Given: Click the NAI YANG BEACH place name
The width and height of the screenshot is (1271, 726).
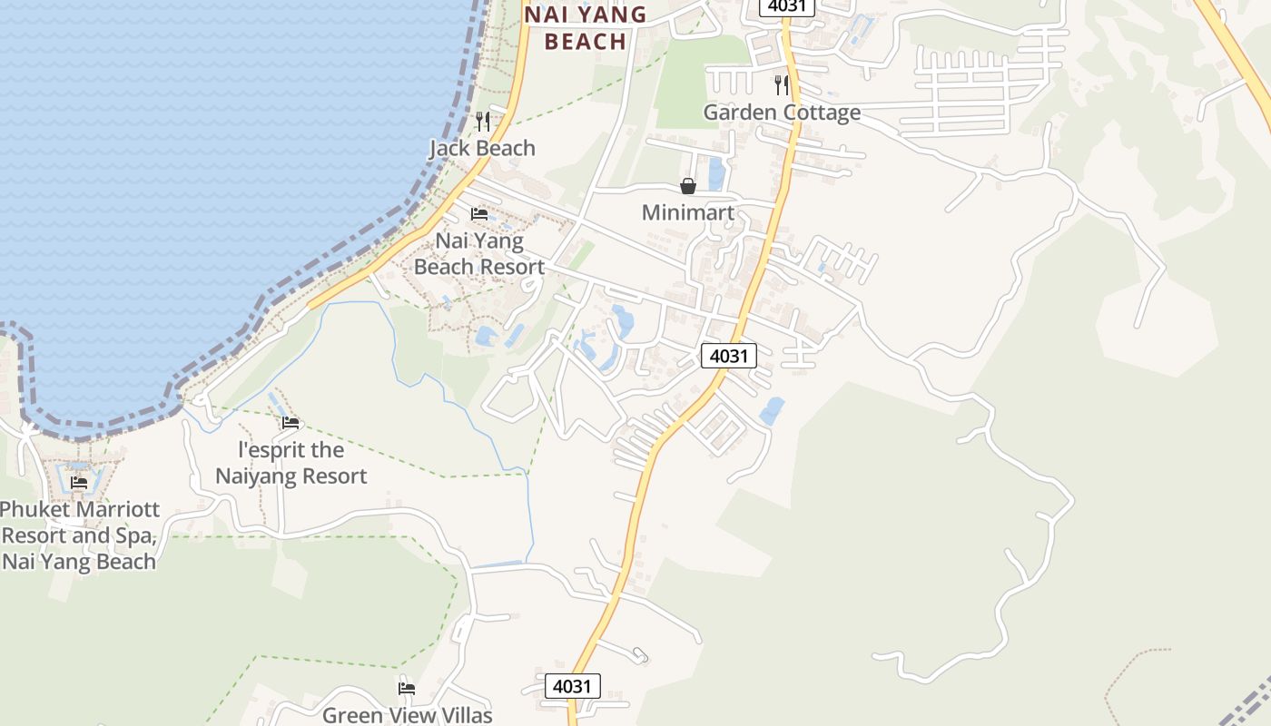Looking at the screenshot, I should coord(586,27).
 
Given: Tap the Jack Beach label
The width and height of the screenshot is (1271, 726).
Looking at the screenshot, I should coord(482,148).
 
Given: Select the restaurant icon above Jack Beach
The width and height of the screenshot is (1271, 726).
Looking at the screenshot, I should coord(483,121).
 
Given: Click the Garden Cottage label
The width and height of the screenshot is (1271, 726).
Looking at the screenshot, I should coord(782,113).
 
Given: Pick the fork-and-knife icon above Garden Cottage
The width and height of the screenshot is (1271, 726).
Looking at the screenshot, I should coord(782,85).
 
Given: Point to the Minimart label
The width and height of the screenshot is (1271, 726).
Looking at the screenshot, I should coord(687,212).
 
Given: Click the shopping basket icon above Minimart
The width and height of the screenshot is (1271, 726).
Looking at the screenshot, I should coord(688,186).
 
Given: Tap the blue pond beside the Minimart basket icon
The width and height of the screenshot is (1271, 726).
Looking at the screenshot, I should coord(716,173).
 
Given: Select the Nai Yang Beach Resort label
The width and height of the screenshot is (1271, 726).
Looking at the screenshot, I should coord(479,253).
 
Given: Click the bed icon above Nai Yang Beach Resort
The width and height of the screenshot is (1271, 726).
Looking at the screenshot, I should coord(479,214).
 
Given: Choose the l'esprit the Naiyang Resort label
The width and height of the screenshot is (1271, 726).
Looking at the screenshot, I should coord(291,463).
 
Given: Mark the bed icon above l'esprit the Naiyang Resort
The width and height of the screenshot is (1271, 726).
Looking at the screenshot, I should coord(291,423).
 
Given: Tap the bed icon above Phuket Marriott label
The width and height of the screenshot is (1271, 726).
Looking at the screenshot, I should coord(79,483).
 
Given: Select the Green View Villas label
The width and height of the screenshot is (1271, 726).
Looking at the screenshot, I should coord(407,715).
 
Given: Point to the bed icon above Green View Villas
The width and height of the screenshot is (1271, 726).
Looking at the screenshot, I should coord(407,689).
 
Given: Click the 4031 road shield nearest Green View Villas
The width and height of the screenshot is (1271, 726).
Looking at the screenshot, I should coord(573,686).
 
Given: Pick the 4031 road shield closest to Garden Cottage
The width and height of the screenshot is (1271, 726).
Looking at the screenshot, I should coord(787,6).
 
